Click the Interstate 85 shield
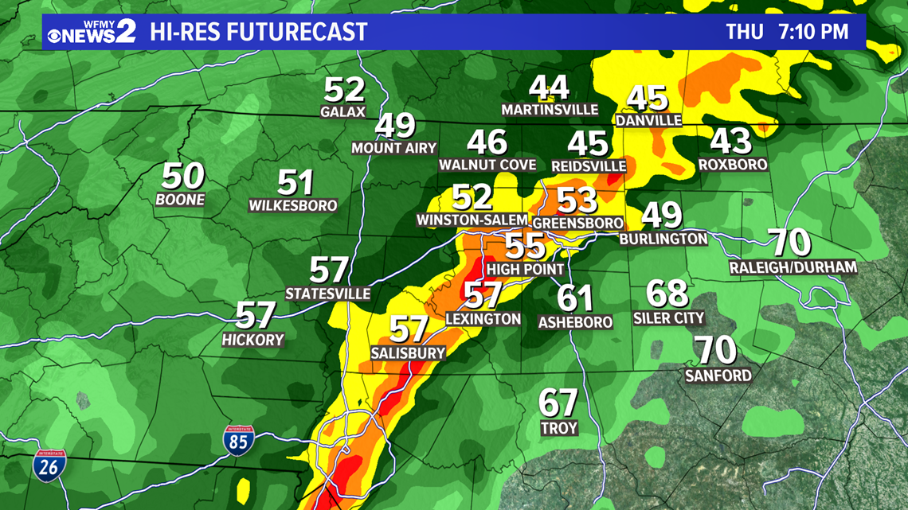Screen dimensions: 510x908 [238, 441]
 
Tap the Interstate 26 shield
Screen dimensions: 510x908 [49, 464]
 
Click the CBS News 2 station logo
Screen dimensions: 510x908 [91, 31]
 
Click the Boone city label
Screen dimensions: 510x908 [181, 200]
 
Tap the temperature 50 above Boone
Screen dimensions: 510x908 [183, 177]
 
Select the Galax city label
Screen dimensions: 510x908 [343, 111]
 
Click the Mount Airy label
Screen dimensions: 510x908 [394, 148]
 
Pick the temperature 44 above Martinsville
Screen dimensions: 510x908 [550, 88]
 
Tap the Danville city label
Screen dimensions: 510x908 [648, 120]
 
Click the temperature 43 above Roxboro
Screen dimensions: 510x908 [730, 142]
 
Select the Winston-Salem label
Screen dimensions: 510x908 [472, 220]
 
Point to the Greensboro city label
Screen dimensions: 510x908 [577, 223]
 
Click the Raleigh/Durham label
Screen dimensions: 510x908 [793, 268]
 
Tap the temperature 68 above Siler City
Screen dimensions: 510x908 [667, 294]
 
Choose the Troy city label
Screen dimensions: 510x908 [558, 428]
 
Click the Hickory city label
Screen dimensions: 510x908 [253, 340]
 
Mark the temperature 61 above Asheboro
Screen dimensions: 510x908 [575, 299]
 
